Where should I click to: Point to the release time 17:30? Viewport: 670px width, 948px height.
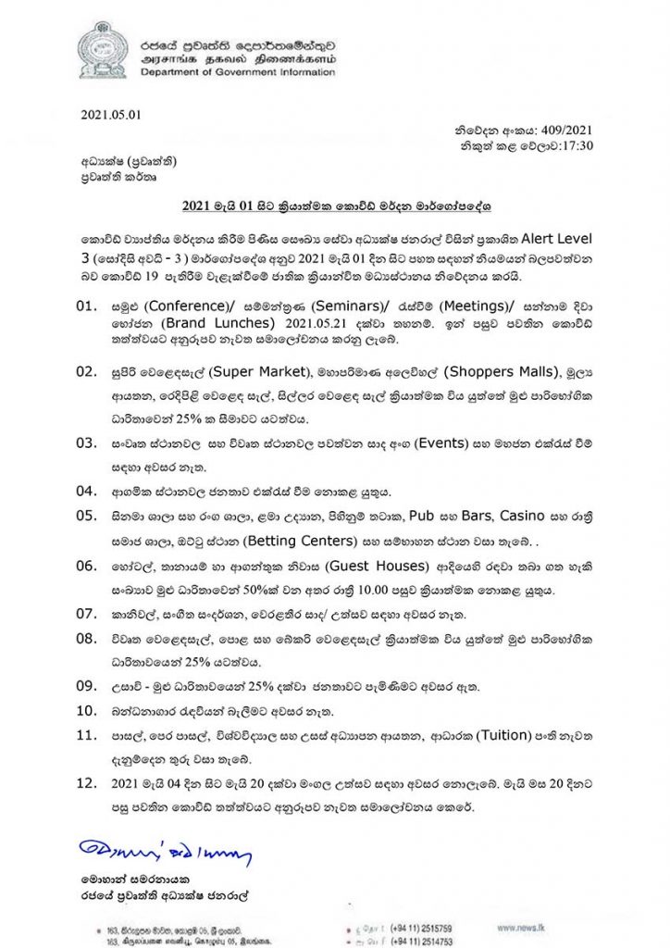574,146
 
